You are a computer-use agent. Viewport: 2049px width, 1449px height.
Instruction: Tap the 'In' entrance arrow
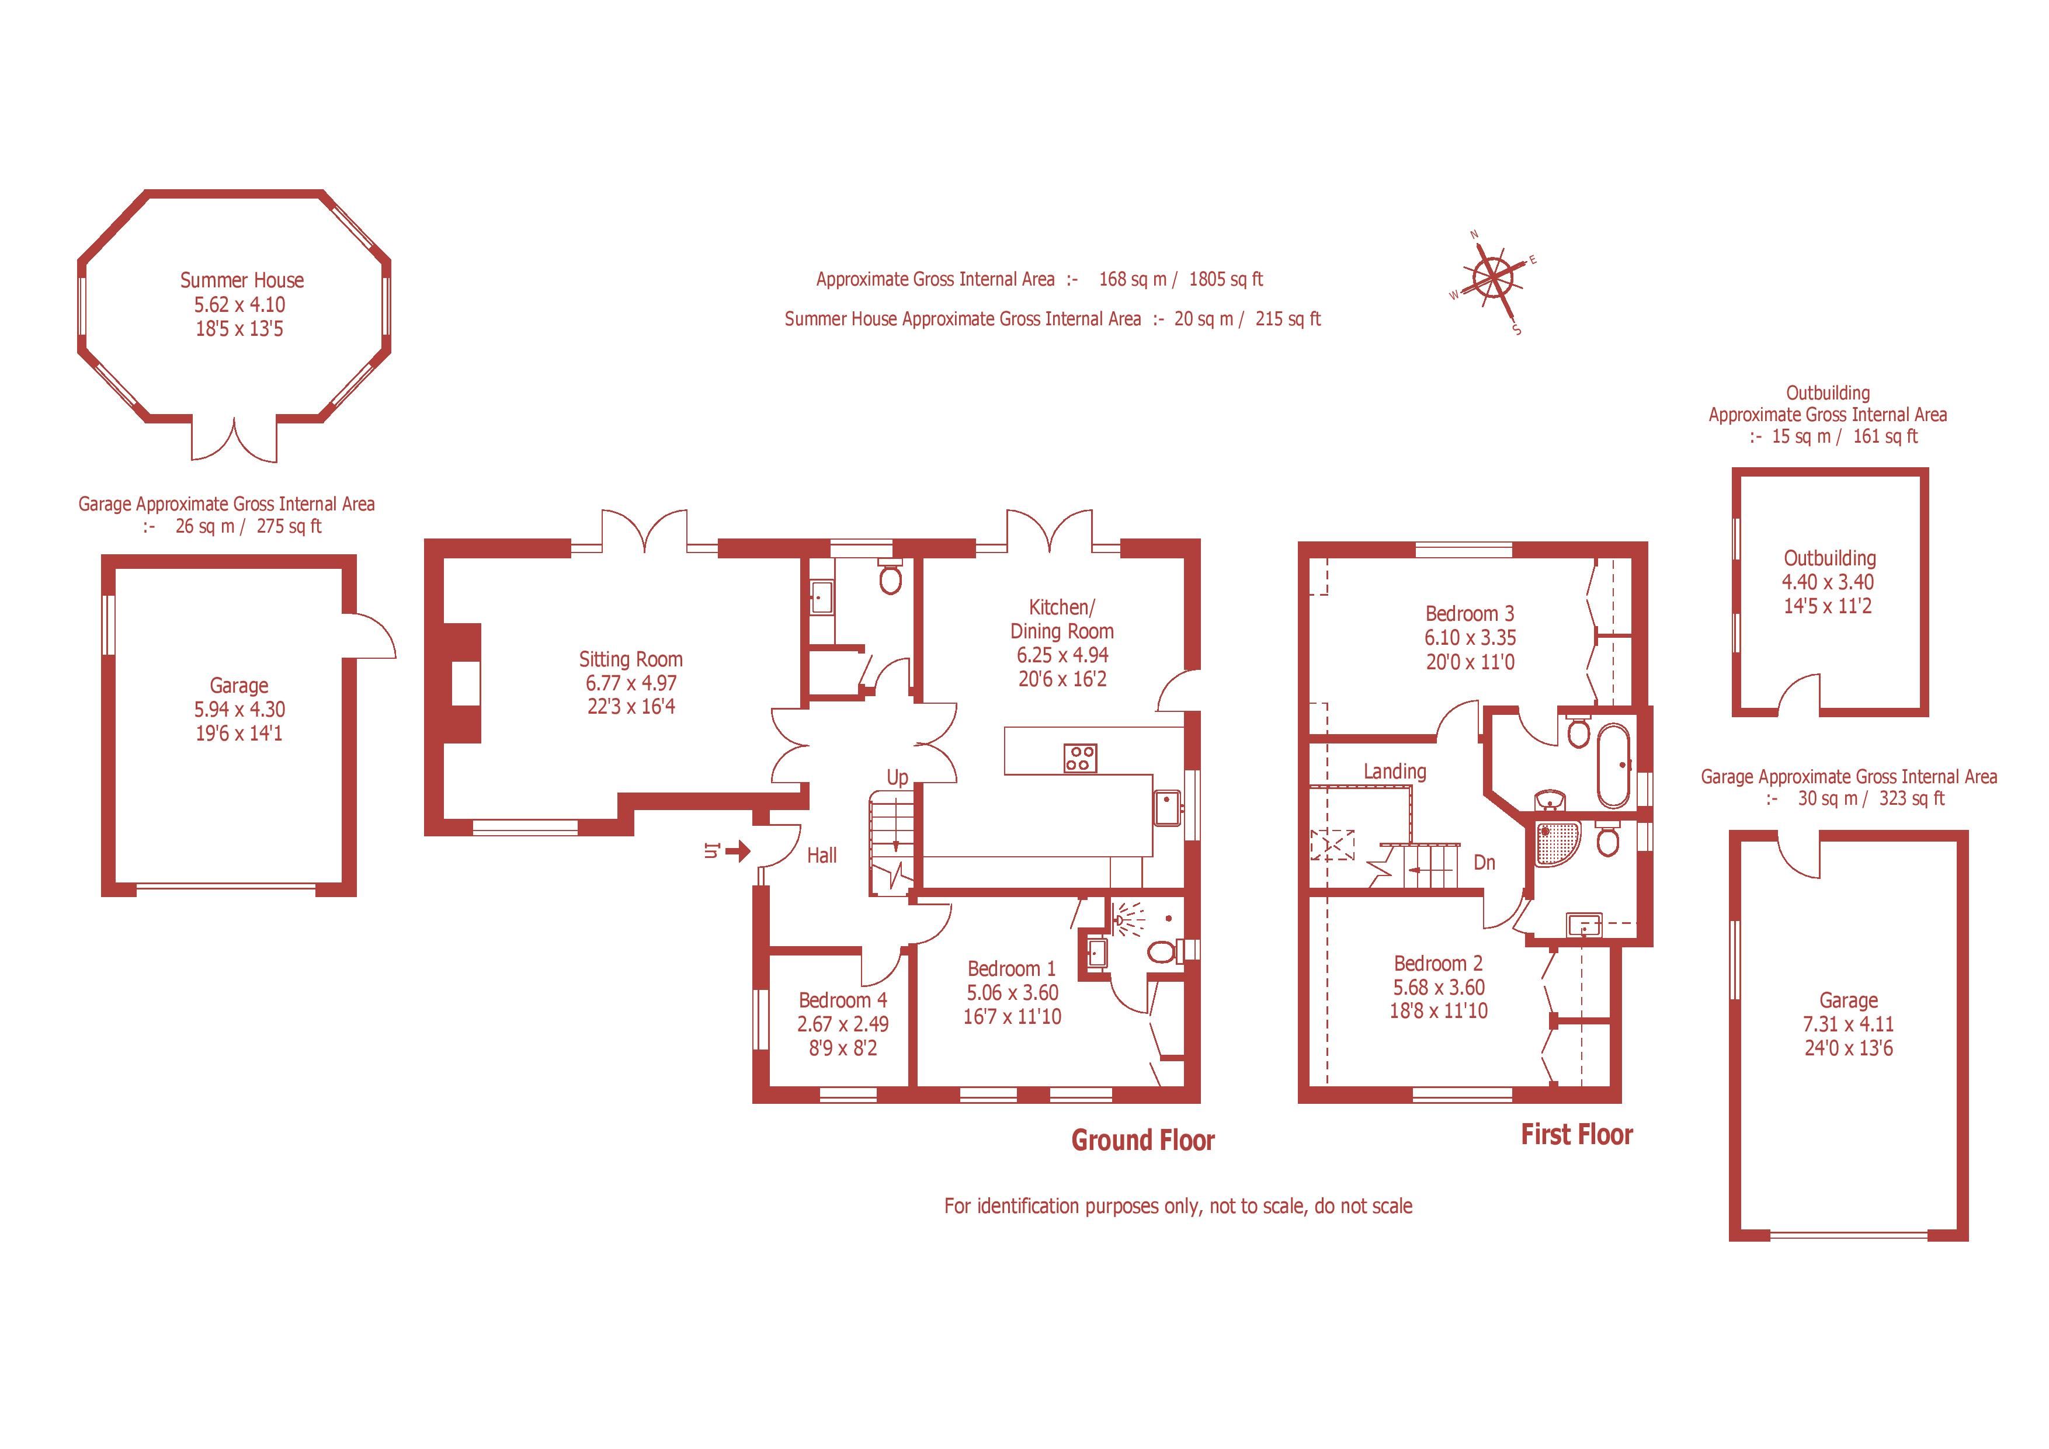(737, 852)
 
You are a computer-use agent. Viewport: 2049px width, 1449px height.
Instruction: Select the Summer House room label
(242, 280)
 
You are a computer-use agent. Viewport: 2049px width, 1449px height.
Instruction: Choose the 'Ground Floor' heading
(1143, 1140)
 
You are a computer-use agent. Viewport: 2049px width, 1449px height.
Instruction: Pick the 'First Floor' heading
(1577, 1135)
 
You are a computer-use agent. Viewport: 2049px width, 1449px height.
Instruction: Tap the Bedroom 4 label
(842, 1000)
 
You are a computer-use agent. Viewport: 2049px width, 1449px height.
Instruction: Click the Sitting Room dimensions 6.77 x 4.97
(631, 683)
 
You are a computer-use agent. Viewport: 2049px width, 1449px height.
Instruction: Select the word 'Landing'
(1395, 772)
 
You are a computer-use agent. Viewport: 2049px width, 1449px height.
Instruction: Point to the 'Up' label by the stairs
(897, 778)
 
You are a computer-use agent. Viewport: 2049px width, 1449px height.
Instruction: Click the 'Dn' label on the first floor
(1484, 863)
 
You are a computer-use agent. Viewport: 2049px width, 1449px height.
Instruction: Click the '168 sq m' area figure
(1133, 279)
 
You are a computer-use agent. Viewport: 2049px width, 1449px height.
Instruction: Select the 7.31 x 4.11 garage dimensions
(1848, 1024)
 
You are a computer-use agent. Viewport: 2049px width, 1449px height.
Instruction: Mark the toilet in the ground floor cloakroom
(890, 578)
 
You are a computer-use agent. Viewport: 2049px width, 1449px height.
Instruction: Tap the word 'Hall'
(822, 856)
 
